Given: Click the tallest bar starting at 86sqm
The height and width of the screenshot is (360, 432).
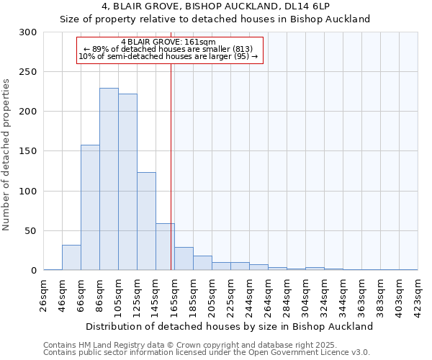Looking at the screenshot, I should tap(109, 179).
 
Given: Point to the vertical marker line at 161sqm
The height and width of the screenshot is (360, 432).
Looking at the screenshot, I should tap(171, 166).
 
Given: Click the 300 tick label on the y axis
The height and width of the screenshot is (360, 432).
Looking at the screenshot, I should tap(28, 32).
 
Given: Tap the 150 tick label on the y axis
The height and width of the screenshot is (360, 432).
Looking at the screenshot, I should tap(28, 151).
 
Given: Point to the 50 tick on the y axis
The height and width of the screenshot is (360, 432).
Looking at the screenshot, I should tap(31, 231).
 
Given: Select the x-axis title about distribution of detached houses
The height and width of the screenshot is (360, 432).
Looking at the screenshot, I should tap(230, 326).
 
